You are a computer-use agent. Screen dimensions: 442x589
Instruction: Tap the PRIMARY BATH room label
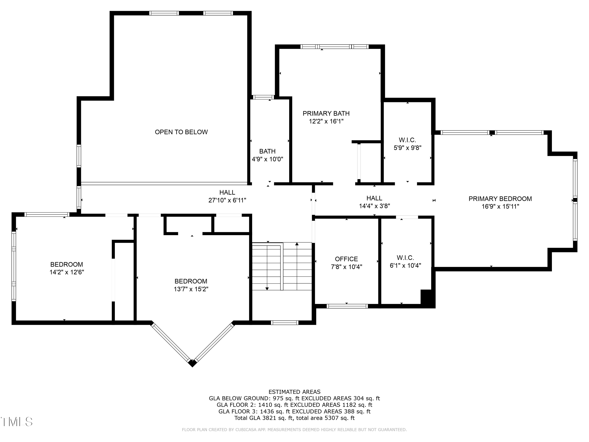click(326, 114)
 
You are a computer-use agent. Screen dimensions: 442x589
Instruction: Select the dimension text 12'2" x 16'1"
click(326, 121)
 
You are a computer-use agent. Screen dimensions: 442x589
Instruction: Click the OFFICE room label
click(346, 259)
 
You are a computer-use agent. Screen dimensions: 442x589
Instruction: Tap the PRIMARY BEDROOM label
click(500, 199)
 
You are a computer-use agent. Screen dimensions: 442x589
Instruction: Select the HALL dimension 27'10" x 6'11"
click(227, 200)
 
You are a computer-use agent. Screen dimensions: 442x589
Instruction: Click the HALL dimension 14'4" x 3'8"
click(374, 206)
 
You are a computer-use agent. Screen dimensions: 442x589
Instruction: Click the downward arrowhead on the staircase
click(267, 289)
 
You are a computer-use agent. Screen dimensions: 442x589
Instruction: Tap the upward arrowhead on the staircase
click(297, 244)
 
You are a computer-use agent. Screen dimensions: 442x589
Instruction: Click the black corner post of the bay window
click(192, 363)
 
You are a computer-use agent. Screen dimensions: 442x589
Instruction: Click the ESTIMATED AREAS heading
click(294, 392)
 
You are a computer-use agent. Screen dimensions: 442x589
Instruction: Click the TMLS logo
click(16, 422)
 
